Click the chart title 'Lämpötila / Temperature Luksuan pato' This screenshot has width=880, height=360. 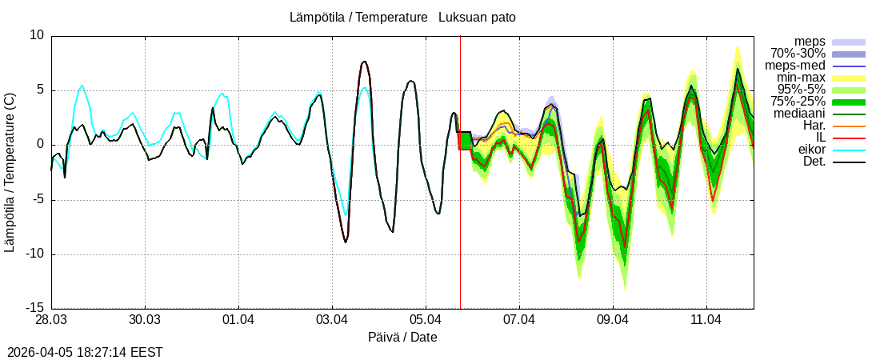coord(408,17)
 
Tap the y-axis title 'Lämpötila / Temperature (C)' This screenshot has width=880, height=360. coord(10,172)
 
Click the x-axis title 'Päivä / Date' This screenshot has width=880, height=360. coord(402,337)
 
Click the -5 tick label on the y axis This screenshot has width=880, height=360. coord(37,199)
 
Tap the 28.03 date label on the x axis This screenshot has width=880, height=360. coord(51,320)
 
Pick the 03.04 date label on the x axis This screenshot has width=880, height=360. coord(332,320)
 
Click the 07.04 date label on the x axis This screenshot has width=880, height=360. coord(519,320)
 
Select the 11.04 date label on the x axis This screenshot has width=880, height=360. coord(706,320)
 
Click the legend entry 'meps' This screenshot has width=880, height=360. coord(810,42)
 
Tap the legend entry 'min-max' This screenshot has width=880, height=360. coord(802,78)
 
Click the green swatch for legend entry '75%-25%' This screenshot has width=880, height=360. coord(849,102)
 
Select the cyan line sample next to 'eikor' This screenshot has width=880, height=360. coord(849,150)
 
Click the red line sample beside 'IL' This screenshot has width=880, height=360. coord(849,138)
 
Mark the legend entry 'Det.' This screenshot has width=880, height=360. coord(814,162)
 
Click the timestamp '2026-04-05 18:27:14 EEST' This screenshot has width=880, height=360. coord(85,352)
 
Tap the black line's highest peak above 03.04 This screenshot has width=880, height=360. coord(364,62)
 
